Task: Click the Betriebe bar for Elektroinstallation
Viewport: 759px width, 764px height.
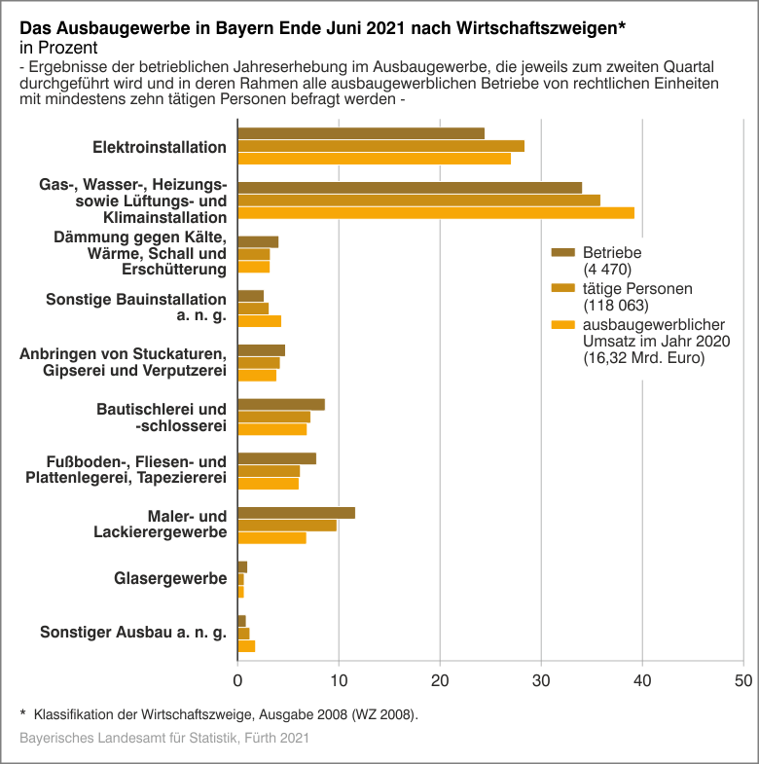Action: [x=361, y=133]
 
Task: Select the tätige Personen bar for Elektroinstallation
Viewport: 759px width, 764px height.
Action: [x=380, y=146]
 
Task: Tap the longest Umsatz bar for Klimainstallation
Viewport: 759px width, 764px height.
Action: [x=436, y=213]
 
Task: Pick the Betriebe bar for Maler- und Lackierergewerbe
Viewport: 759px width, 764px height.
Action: [x=297, y=513]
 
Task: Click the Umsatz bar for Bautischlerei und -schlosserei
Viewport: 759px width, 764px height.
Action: [x=272, y=429]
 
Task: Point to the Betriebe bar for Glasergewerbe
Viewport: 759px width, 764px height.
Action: [x=242, y=567]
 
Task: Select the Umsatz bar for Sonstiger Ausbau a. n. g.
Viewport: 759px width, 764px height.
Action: [x=246, y=646]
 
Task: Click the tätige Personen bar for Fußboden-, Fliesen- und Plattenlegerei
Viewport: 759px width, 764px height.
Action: [x=269, y=471]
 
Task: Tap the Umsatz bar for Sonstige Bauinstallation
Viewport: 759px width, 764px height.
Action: [x=260, y=321]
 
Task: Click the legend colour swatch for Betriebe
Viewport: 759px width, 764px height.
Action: [x=563, y=253]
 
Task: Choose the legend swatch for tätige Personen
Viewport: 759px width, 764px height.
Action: [x=563, y=288]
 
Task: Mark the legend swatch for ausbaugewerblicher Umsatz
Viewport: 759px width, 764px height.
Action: [x=563, y=324]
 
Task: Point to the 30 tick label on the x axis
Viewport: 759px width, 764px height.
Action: [x=540, y=680]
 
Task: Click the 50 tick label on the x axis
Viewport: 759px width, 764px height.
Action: [x=742, y=680]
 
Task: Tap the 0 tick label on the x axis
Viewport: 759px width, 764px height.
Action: [x=238, y=680]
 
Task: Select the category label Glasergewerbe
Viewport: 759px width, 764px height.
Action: [x=170, y=579]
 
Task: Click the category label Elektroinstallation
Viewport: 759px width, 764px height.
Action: [x=160, y=147]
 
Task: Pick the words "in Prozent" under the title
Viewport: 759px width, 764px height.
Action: [x=58, y=47]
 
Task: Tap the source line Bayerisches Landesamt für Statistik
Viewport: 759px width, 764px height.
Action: [x=164, y=739]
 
